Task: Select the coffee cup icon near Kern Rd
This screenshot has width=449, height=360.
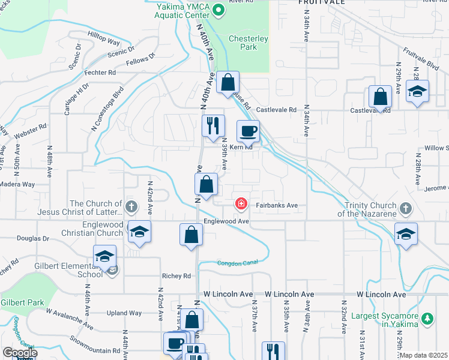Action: pyautogui.click(x=248, y=131)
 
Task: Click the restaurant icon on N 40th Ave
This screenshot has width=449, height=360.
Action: pyautogui.click(x=212, y=125)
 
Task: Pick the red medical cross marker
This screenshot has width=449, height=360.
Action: pyautogui.click(x=241, y=205)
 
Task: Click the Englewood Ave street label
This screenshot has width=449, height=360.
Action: pyautogui.click(x=226, y=221)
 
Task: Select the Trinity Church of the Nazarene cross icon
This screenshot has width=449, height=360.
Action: pyautogui.click(x=406, y=209)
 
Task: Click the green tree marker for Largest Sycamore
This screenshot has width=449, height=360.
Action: pyautogui.click(x=427, y=318)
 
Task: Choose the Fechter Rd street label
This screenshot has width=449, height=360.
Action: pyautogui.click(x=100, y=73)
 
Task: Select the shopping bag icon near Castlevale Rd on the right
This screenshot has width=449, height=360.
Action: pyautogui.click(x=380, y=96)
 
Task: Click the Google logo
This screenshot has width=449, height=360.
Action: pyautogui.click(x=19, y=353)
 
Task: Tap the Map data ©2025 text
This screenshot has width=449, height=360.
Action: pyautogui.click(x=423, y=355)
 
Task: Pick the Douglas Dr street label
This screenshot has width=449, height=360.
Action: pyautogui.click(x=33, y=238)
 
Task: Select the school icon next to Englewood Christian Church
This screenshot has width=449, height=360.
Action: pyautogui.click(x=139, y=232)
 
